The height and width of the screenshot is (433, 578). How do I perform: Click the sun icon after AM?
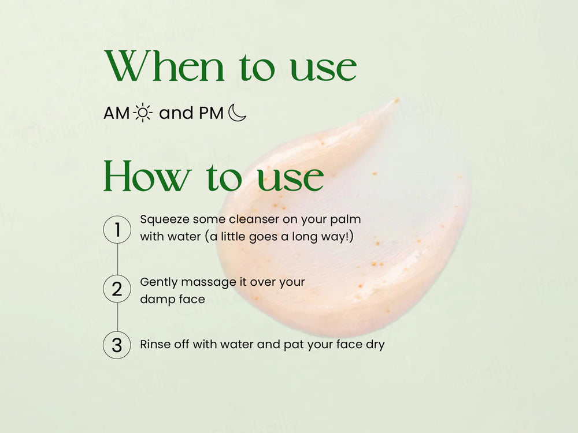coord(143,113)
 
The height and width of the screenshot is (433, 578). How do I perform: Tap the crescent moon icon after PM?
coord(237,113)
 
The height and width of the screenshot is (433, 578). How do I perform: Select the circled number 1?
coord(117,229)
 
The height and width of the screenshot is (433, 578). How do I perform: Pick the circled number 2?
coord(117,288)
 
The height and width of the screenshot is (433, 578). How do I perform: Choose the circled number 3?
coord(117,345)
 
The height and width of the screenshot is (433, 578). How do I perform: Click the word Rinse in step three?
coord(154,345)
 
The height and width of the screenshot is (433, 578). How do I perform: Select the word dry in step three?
coord(375,345)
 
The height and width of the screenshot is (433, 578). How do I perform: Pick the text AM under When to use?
coord(117,113)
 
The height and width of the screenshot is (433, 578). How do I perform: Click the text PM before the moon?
coord(211,113)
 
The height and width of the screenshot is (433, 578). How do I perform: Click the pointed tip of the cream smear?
coord(397,101)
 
